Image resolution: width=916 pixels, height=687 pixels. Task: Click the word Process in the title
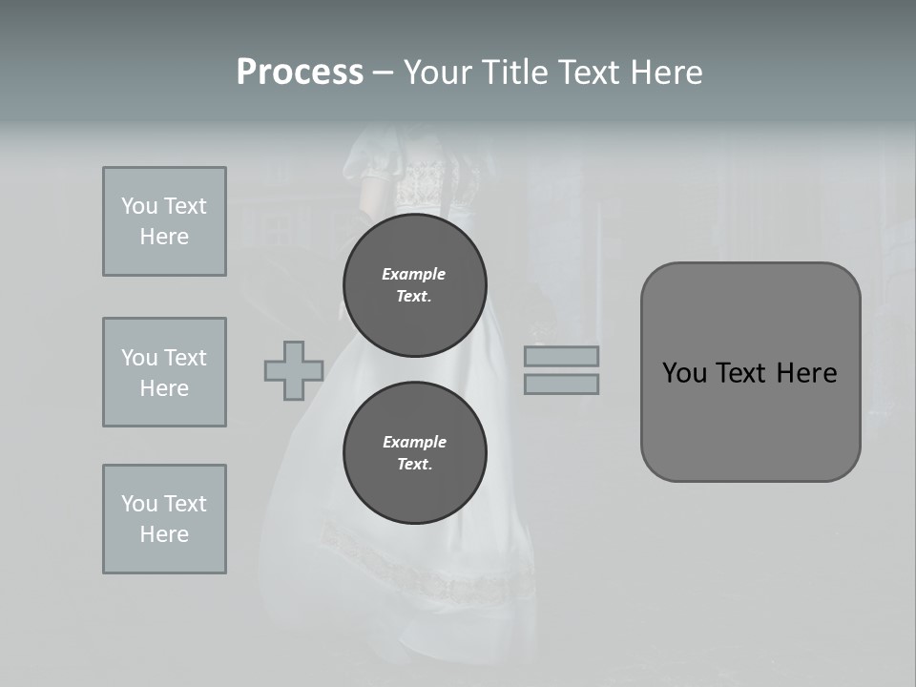(x=300, y=73)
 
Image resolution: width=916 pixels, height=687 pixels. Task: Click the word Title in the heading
(x=513, y=73)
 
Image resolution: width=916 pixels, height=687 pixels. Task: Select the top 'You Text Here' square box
(x=164, y=221)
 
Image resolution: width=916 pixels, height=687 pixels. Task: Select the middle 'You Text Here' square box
(x=164, y=372)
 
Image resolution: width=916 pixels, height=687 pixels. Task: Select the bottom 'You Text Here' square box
(x=164, y=519)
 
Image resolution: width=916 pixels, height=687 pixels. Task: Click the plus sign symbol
(x=294, y=370)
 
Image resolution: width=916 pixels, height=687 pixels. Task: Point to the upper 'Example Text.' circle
(x=414, y=285)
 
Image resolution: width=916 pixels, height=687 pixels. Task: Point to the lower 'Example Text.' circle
(x=414, y=453)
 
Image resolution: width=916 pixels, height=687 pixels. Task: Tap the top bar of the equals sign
(x=561, y=356)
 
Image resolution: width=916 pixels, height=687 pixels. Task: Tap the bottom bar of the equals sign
(x=561, y=385)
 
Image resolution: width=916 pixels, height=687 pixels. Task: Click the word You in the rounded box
(x=684, y=373)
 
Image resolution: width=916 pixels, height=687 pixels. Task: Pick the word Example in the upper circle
(x=414, y=274)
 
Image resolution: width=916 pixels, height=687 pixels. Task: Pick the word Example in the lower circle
(x=414, y=442)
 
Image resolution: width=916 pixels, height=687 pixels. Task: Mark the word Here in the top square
(x=164, y=237)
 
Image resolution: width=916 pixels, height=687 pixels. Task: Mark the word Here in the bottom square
(x=164, y=534)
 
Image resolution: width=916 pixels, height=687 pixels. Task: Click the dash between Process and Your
(x=384, y=73)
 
